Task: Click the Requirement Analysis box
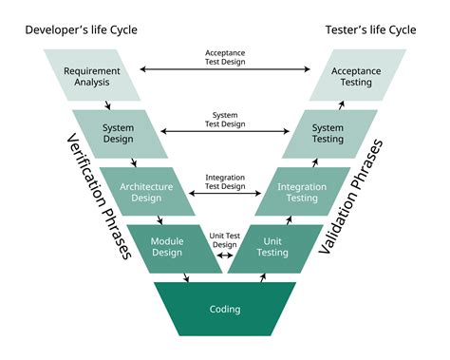tap(93, 76)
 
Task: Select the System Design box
tap(119, 134)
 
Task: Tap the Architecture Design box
tap(145, 193)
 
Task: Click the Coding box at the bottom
tap(225, 309)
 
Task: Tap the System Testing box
tap(328, 134)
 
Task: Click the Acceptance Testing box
tap(357, 76)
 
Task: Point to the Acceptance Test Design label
tap(225, 56)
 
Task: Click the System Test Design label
tap(225, 119)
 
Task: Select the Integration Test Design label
tap(225, 180)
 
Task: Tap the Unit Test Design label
tap(225, 238)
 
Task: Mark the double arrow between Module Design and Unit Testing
tap(225, 256)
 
